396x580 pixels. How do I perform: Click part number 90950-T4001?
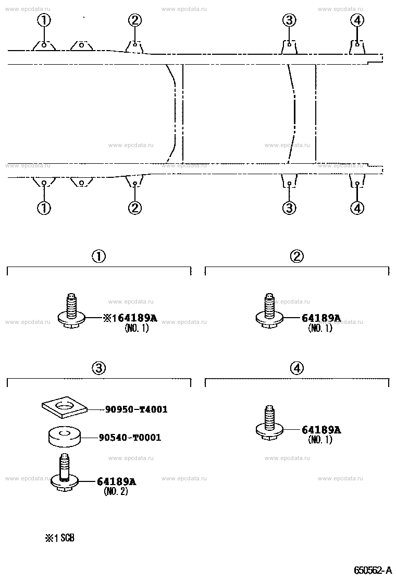pyautogui.click(x=137, y=409)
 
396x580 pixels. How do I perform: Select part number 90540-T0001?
pyautogui.click(x=130, y=438)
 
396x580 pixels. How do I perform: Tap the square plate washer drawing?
pyautogui.click(x=64, y=408)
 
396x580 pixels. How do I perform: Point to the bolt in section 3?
pyautogui.click(x=65, y=474)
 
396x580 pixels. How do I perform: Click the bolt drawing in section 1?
pyautogui.click(x=72, y=311)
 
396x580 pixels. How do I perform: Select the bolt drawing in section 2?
pyautogui.click(x=270, y=311)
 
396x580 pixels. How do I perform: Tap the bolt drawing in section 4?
pyautogui.click(x=270, y=423)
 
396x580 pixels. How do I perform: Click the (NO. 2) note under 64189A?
pyautogui.click(x=116, y=491)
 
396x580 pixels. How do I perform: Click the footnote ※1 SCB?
pyautogui.click(x=60, y=538)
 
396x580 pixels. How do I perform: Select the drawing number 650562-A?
pyautogui.click(x=373, y=570)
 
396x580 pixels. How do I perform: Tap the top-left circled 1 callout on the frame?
pyautogui.click(x=44, y=20)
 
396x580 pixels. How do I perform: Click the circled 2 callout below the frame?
pyautogui.click(x=135, y=208)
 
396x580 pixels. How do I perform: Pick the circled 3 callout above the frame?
pyautogui.click(x=289, y=20)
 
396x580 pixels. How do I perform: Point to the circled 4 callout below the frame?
pyautogui.click(x=357, y=208)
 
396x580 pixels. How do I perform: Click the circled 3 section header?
pyautogui.click(x=99, y=368)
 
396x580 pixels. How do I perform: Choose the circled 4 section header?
pyautogui.click(x=297, y=368)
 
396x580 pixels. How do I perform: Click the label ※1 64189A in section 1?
pyautogui.click(x=130, y=318)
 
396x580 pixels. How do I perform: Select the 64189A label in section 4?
pyautogui.click(x=321, y=430)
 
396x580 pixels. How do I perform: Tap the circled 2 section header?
pyautogui.click(x=297, y=256)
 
